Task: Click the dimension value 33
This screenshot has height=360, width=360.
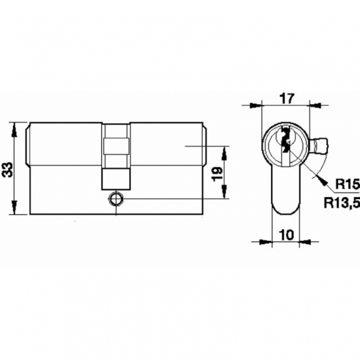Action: [x=8, y=169]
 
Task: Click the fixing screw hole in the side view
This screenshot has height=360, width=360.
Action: [x=116, y=199]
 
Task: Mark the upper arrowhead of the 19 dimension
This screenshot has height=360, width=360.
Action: [x=224, y=150]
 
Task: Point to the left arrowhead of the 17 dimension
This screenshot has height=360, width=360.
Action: [x=256, y=106]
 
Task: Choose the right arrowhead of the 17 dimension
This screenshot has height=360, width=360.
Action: [x=315, y=106]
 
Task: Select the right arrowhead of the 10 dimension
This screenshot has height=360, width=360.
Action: [x=307, y=241]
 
